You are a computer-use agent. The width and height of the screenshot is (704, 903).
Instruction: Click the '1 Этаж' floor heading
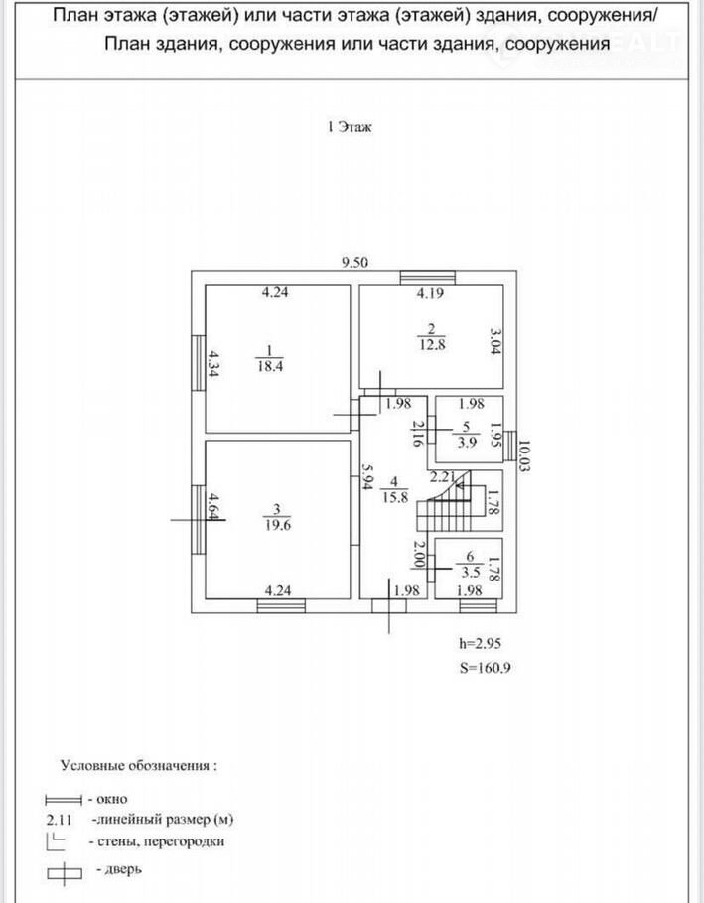(349, 127)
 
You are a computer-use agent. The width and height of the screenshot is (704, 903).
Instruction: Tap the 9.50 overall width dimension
(354, 263)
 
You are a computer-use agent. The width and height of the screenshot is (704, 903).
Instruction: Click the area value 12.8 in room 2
(430, 344)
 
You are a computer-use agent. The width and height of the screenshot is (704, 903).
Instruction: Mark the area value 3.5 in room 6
(465, 572)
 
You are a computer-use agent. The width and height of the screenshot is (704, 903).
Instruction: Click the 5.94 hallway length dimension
(366, 481)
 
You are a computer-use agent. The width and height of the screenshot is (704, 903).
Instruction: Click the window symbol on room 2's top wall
(427, 276)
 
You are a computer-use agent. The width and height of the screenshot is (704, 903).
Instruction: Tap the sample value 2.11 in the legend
(61, 820)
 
